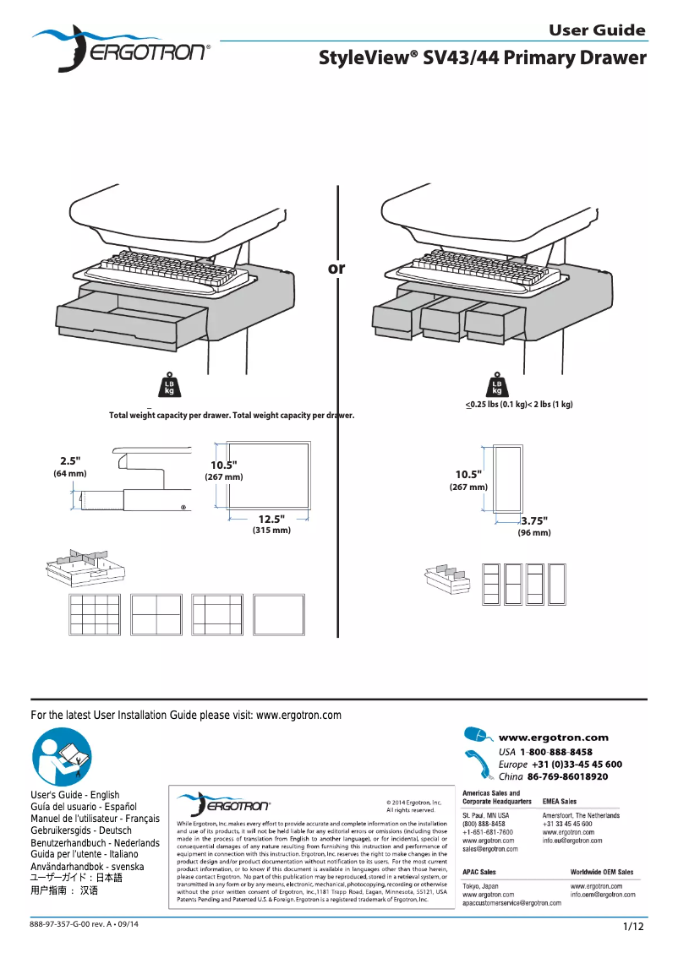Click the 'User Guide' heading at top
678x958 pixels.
[x=597, y=30]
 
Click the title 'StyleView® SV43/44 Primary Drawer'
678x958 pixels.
[x=482, y=58]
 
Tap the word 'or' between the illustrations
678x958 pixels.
[x=336, y=269]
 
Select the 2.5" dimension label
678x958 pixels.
[x=70, y=460]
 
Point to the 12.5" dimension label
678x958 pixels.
[x=271, y=518]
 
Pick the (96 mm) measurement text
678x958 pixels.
[x=533, y=533]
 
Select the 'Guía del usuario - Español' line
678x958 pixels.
[x=83, y=807]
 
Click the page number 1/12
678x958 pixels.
[x=633, y=927]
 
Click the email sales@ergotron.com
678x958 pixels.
[x=490, y=849]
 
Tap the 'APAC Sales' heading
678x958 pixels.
[x=478, y=871]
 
